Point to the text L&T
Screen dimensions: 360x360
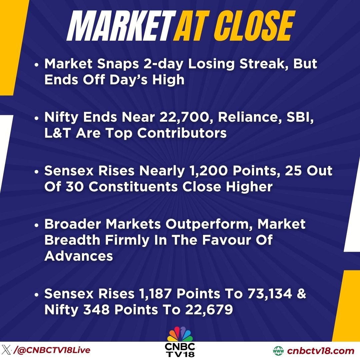point(57,133)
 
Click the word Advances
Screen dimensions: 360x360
point(79,256)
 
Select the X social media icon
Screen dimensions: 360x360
point(6,351)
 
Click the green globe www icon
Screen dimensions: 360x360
point(278,351)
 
